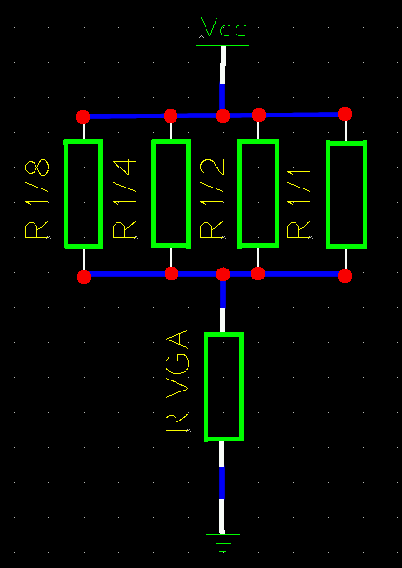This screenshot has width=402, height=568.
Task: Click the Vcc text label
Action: click(224, 27)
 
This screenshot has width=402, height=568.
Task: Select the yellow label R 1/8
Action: click(37, 198)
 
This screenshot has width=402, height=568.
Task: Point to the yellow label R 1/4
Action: click(125, 198)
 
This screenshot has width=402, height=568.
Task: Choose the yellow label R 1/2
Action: click(212, 198)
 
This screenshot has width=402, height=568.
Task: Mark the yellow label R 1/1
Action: click(299, 204)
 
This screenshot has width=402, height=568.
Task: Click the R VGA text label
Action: click(177, 380)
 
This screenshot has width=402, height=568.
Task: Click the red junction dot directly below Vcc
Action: click(223, 117)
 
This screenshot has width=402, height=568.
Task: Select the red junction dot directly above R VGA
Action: click(223, 274)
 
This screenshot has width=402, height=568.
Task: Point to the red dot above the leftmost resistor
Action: click(84, 117)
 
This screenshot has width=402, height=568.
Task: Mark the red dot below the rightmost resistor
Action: click(346, 277)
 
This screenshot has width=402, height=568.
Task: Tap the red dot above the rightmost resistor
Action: click(346, 114)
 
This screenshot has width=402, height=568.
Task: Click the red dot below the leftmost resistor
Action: click(84, 277)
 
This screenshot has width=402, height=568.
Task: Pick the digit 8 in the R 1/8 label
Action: click(37, 167)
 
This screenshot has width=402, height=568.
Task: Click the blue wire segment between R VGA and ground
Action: click(221, 482)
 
